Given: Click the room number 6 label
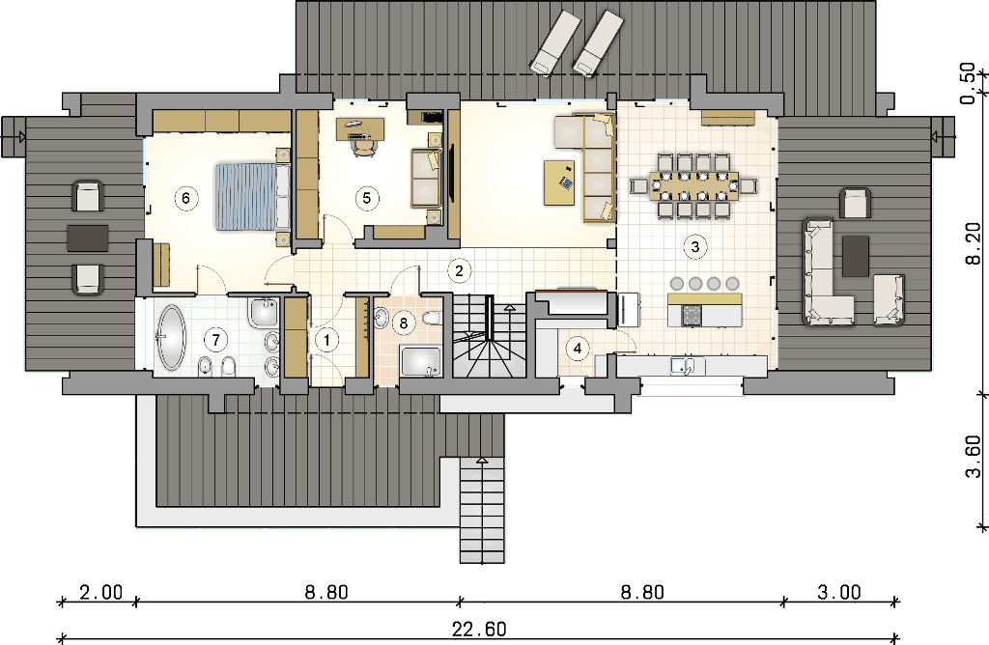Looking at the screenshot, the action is [185, 198].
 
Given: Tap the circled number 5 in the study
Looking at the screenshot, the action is [367, 198].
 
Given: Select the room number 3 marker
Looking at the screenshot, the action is [695, 246].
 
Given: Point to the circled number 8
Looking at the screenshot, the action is [404, 323].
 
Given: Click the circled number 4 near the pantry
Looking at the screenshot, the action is [578, 348].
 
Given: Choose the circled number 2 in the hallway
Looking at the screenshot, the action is [459, 270].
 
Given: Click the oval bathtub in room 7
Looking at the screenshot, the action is [171, 337].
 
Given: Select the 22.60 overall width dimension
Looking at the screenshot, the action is [479, 629].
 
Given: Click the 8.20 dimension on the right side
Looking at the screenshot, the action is [974, 243].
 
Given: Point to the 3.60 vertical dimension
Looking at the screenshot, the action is [974, 457].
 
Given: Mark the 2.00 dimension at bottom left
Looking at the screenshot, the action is [100, 592].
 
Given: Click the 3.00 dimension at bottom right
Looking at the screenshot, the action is [839, 592].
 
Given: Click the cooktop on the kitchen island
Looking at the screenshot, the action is [692, 315].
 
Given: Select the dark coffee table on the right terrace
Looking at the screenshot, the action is [856, 255].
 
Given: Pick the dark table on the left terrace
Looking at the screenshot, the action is [88, 238].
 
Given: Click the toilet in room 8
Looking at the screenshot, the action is [432, 317].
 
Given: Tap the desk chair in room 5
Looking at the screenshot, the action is [364, 146].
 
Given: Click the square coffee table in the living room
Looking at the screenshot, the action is [560, 182].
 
